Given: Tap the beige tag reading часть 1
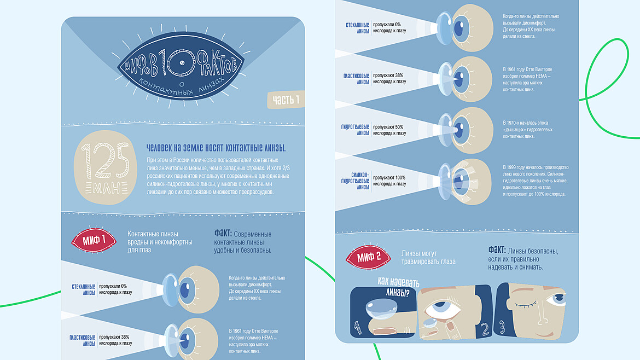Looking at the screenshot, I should pyautogui.click(x=286, y=100).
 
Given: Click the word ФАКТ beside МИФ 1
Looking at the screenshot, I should pyautogui.click(x=225, y=234).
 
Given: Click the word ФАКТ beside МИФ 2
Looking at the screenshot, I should pyautogui.click(x=499, y=249).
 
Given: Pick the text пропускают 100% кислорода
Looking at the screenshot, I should pyautogui.click(x=389, y=181).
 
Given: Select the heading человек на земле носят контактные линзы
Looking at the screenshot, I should pyautogui.click(x=216, y=148).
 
